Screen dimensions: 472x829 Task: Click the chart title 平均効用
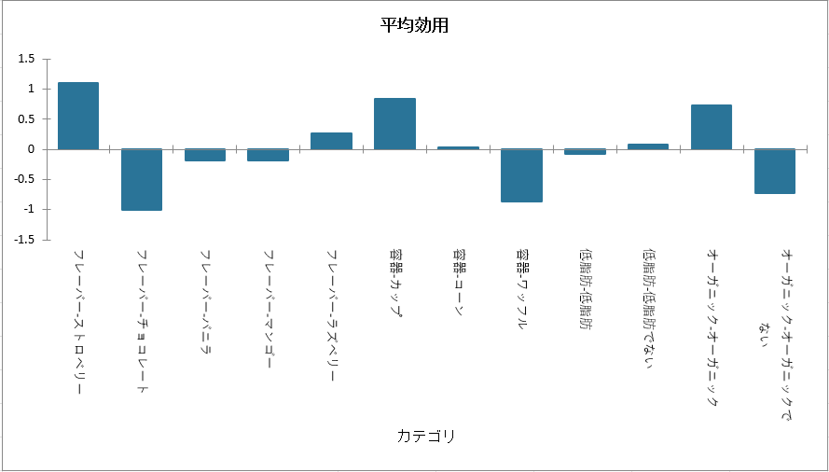(415, 25)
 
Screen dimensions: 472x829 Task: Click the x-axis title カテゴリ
(426, 436)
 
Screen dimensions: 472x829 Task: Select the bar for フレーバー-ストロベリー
(78, 116)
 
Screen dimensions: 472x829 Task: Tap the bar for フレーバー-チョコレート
(142, 179)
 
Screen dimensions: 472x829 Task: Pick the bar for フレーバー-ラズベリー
(331, 141)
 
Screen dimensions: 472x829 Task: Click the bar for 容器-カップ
(394, 123)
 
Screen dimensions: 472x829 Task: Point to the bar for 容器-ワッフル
(521, 175)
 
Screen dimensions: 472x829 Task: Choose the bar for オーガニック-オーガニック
(712, 127)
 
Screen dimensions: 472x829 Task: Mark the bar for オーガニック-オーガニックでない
(775, 171)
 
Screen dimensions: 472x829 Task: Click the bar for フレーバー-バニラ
(205, 155)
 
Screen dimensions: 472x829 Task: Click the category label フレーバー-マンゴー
(269, 308)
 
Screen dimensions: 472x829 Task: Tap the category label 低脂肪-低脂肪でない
(648, 308)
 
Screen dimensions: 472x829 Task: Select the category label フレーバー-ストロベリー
(78, 322)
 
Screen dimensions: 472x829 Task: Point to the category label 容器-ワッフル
(521, 290)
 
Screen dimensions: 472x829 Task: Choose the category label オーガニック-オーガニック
(712, 326)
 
